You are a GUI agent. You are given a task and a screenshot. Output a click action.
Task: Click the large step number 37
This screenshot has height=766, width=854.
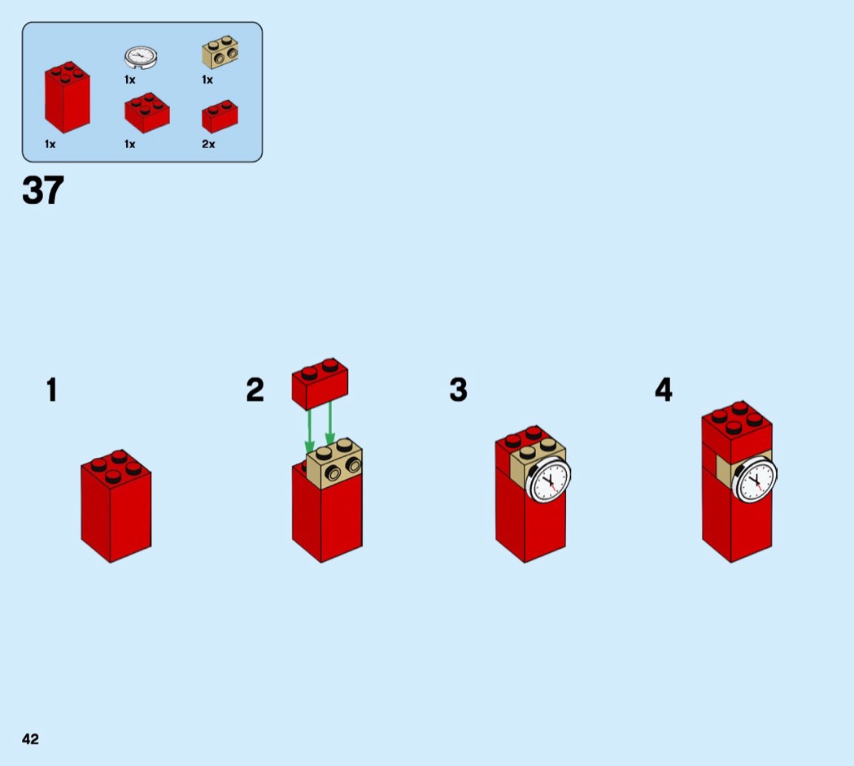pyautogui.click(x=43, y=190)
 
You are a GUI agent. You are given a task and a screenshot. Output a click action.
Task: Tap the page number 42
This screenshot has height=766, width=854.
pyautogui.click(x=31, y=739)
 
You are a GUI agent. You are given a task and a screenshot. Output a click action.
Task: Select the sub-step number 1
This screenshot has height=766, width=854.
pyautogui.click(x=52, y=390)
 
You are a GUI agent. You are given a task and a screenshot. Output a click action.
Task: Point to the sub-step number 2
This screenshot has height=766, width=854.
pyautogui.click(x=255, y=390)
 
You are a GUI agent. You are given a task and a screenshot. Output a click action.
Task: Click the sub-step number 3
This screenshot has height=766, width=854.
pyautogui.click(x=459, y=390)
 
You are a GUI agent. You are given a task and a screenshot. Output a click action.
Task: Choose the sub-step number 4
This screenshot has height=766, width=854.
pyautogui.click(x=664, y=390)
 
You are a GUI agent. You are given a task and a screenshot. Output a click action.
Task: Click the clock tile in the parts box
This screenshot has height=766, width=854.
pyautogui.click(x=141, y=57)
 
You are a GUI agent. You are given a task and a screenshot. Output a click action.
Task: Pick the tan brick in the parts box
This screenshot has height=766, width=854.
pyautogui.click(x=220, y=52)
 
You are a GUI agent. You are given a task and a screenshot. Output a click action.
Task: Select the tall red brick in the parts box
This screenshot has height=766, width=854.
pyautogui.click(x=68, y=97)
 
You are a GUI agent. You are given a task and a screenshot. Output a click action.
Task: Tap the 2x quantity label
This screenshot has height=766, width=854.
pyautogui.click(x=208, y=144)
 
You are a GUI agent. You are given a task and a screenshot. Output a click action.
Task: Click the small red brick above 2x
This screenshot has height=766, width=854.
pyautogui.click(x=220, y=116)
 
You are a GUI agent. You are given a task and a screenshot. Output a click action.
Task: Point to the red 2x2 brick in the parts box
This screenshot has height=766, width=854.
pyautogui.click(x=147, y=113)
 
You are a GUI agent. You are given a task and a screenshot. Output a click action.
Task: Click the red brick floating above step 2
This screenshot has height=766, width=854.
pyautogui.click(x=320, y=384)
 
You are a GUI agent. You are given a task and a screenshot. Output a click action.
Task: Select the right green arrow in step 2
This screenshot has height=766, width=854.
pyautogui.click(x=330, y=424)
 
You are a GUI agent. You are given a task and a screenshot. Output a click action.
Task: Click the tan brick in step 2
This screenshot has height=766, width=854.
pyautogui.click(x=334, y=464)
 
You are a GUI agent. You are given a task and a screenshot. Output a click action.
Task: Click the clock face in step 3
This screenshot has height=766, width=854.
pyautogui.click(x=548, y=480)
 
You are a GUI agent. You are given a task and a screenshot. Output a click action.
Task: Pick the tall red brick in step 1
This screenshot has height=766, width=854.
pyautogui.click(x=116, y=506)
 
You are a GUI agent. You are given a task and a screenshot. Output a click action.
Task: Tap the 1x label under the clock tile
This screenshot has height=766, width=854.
pyautogui.click(x=129, y=80)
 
